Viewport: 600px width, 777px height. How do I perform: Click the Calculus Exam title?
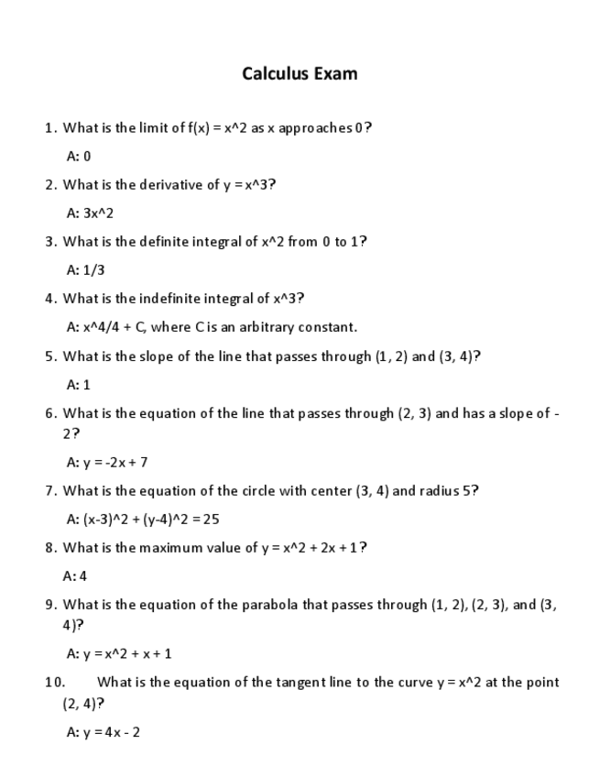coord(300,73)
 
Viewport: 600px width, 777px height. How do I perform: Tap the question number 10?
coord(54,682)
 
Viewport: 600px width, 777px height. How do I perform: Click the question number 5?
coord(50,356)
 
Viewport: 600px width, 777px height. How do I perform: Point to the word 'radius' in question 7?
coord(440,490)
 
